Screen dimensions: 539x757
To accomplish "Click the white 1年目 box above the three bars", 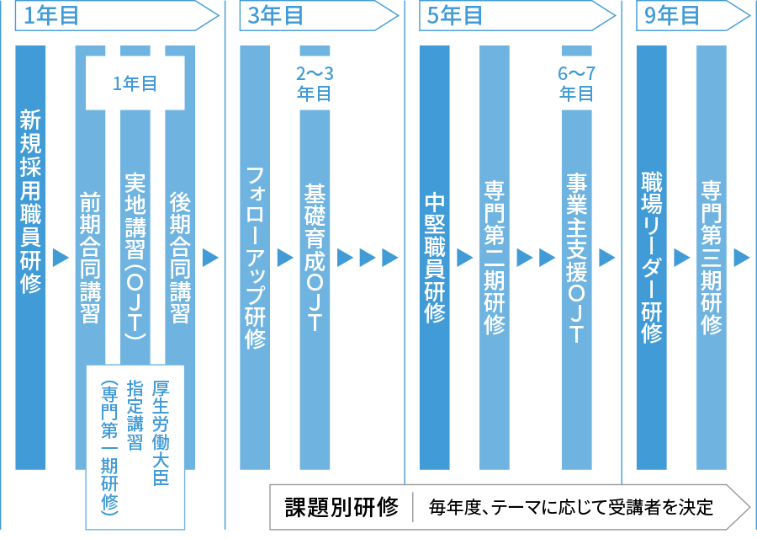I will coord(135,83).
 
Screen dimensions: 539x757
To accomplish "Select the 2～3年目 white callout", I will coord(315,84).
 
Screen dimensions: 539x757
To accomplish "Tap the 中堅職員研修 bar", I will coord(434,257).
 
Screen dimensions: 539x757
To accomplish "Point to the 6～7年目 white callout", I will coord(576,84).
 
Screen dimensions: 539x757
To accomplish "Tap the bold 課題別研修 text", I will coord(341,507).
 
